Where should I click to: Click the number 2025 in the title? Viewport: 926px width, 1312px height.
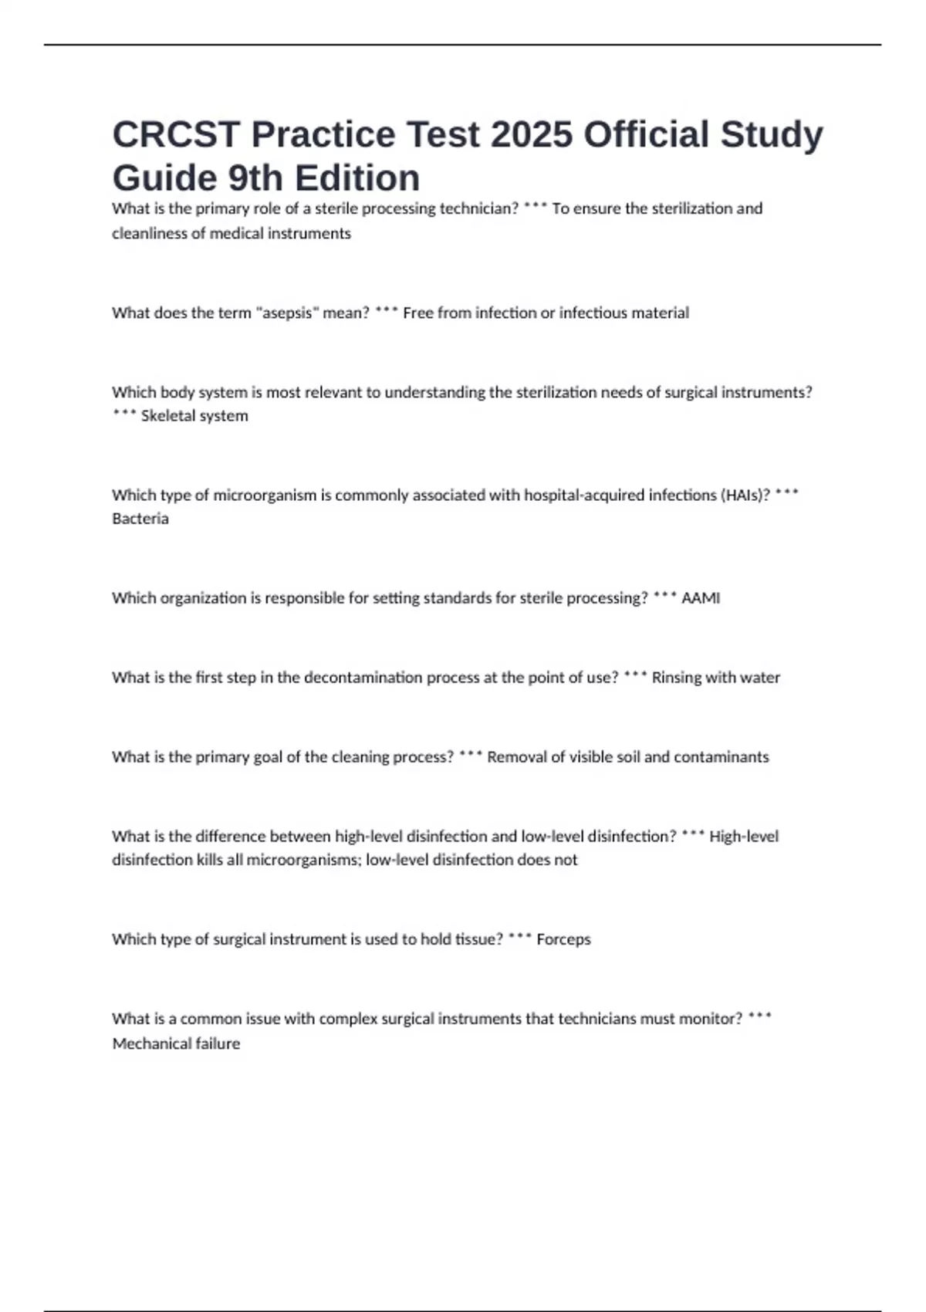532,134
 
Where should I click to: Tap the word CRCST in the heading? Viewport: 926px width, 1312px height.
177,134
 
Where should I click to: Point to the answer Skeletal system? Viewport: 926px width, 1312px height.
194,416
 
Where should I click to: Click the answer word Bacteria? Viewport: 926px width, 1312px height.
140,519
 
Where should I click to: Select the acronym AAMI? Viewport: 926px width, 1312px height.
701,598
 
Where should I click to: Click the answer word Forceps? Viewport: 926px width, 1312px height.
563,939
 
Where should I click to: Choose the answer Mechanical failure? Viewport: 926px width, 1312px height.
176,1043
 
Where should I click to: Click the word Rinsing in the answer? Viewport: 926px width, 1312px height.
676,678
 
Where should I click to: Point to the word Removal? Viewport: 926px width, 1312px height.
516,757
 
